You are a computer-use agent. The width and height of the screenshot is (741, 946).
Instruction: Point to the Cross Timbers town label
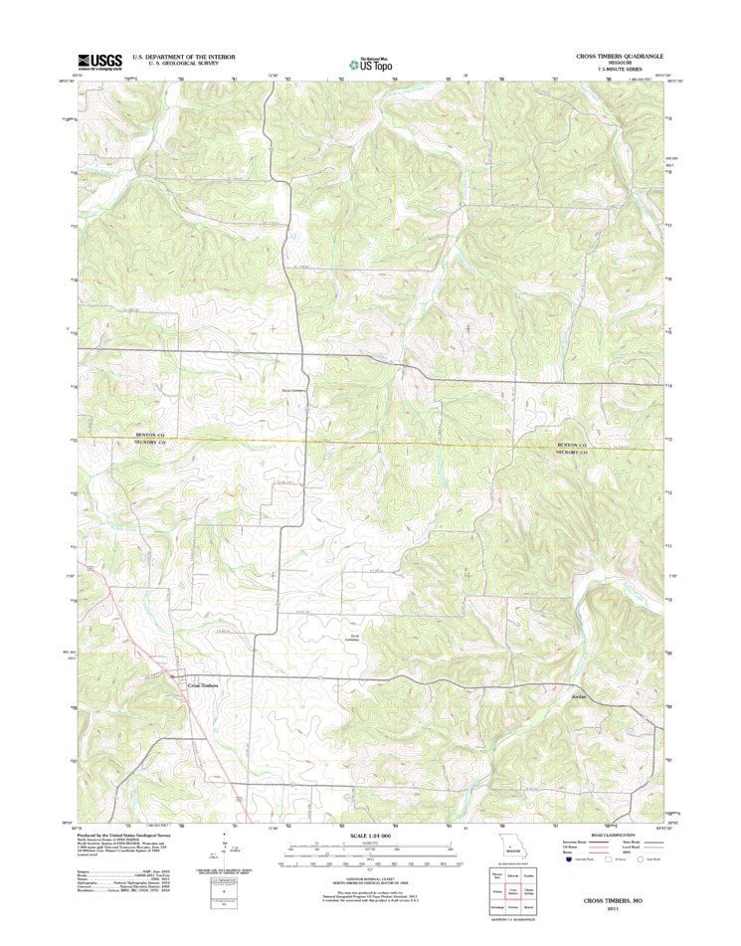pyautogui.click(x=203, y=684)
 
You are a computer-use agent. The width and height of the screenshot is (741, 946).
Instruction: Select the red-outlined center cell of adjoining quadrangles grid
pyautogui.click(x=512, y=893)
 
